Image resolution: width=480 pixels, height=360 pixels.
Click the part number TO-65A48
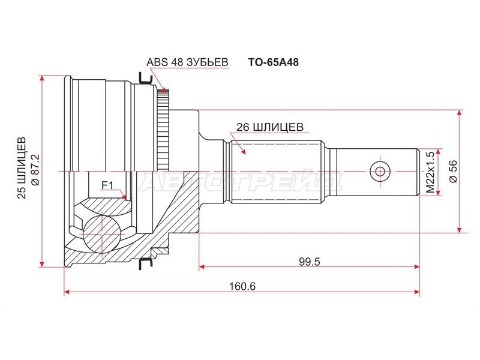coord(273,62)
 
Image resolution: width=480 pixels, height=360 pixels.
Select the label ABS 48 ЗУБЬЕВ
coord(187,62)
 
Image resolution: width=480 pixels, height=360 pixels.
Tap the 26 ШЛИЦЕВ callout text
coord(269,127)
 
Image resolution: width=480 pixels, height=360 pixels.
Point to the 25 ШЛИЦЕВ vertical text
coord(22,168)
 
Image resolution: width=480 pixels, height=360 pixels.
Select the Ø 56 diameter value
coord(454,172)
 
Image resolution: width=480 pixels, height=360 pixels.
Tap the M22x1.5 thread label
coord(430,172)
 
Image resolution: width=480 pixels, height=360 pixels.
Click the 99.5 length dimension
coord(309,262)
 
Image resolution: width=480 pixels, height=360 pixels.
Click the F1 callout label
coord(107,185)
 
